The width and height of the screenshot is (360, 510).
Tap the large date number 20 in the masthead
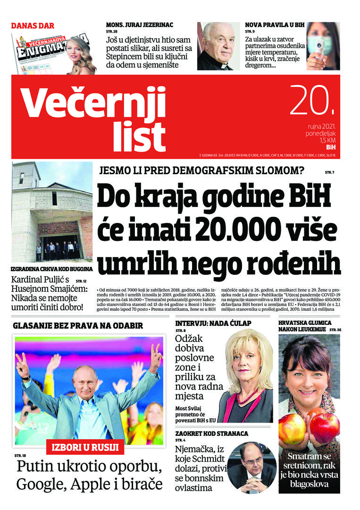(312, 101)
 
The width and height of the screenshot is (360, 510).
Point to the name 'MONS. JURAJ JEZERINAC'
(140, 24)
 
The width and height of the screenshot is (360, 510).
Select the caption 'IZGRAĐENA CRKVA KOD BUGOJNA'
(52, 269)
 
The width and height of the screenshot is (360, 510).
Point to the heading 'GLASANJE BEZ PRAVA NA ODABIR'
(78, 325)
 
